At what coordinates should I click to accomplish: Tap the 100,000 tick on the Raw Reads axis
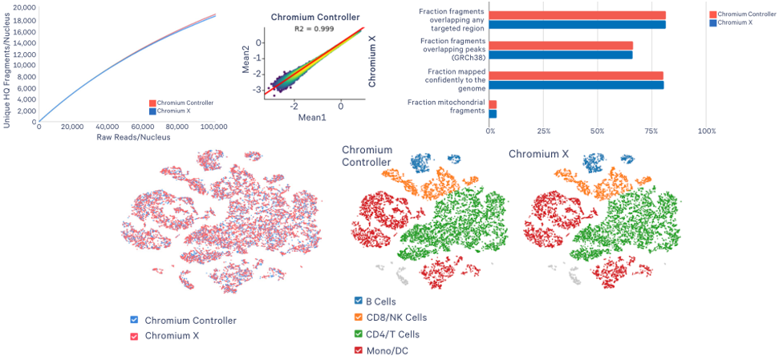coord(213,127)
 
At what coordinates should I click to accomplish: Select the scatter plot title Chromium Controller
coord(315,17)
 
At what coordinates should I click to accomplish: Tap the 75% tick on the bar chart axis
coord(652,130)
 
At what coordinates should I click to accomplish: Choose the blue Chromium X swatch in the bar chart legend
coord(714,22)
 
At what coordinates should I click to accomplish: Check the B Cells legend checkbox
coord(358,301)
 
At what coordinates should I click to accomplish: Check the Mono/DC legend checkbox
coord(358,350)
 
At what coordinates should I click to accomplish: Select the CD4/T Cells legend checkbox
coord(358,334)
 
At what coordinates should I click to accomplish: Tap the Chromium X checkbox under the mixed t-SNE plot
coord(135,335)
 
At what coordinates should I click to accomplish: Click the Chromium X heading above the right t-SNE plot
coord(538,153)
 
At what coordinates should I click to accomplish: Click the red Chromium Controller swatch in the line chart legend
coord(152,103)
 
